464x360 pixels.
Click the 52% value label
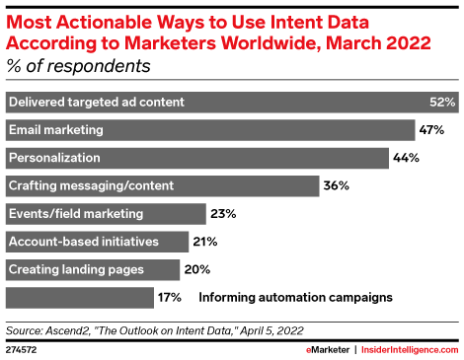point(442,103)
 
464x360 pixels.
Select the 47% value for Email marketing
point(430,130)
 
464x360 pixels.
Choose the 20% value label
point(195,269)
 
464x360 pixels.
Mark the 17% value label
point(168,297)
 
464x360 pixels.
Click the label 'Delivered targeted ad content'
point(96,103)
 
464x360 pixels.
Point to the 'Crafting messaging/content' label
point(91,185)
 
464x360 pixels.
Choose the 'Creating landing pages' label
point(76,269)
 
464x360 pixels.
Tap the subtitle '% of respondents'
point(79,67)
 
